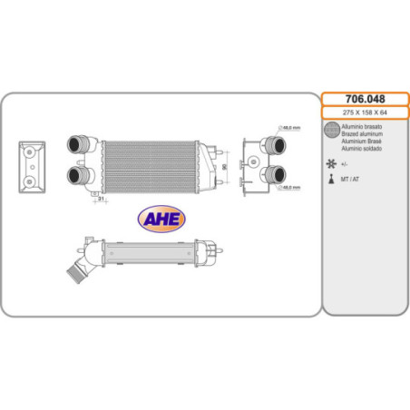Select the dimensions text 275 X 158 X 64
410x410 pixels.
[x=366, y=112]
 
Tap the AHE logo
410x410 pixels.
[x=161, y=219]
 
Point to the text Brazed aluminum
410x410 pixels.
[x=361, y=133]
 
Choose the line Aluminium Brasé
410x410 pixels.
[x=360, y=141]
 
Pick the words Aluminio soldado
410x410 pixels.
[x=361, y=147]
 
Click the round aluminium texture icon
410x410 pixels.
[x=333, y=132]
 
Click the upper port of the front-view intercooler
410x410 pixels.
[x=75, y=144]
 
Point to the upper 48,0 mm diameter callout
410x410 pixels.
[x=290, y=129]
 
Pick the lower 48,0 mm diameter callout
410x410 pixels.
[x=290, y=187]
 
